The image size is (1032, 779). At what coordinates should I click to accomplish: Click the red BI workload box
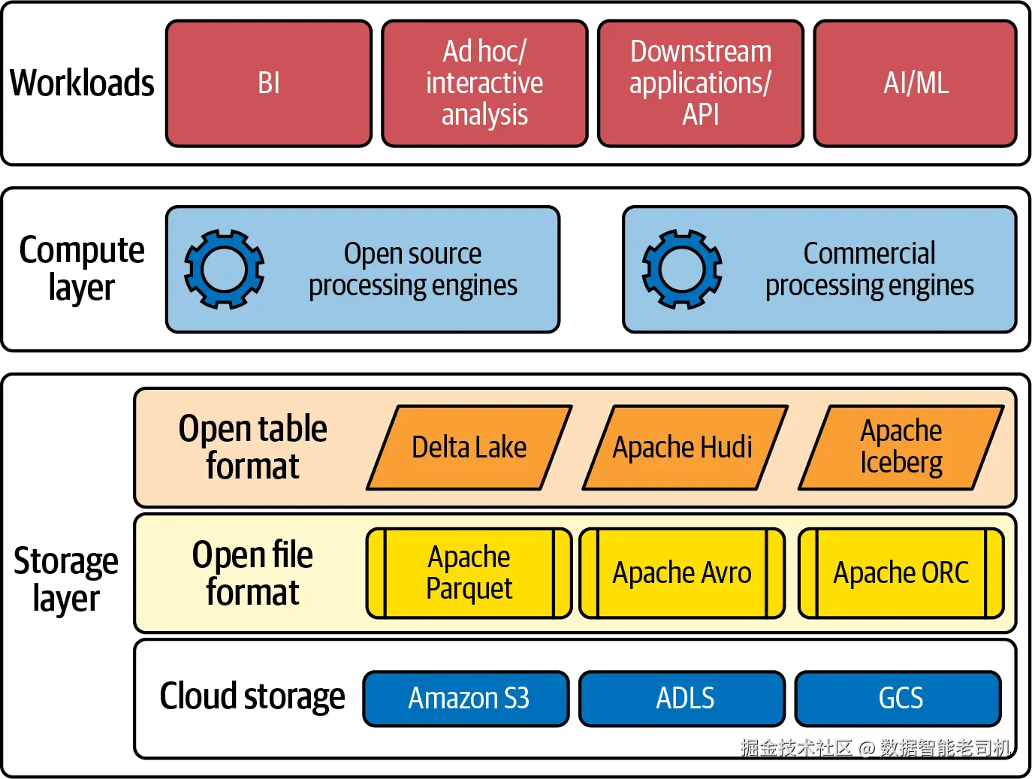point(269,83)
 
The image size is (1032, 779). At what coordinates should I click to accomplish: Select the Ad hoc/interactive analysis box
point(484,83)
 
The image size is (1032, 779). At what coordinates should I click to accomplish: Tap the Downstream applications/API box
point(700,83)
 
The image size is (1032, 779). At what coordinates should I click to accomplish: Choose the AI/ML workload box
point(915,83)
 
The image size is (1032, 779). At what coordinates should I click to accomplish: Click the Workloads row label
point(82,83)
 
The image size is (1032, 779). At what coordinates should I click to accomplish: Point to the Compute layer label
point(81,269)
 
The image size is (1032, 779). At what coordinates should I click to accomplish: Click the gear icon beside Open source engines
point(224,269)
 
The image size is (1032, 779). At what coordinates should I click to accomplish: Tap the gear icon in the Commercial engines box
point(681,269)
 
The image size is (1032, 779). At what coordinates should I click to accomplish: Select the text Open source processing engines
point(412,270)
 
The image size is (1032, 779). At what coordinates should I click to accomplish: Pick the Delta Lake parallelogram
point(469,448)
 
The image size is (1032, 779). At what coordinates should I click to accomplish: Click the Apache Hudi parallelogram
point(683,448)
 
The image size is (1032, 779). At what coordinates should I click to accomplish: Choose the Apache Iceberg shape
point(901,448)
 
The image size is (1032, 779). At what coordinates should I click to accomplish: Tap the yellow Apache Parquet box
point(469,573)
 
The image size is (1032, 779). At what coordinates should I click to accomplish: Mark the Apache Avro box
point(682,573)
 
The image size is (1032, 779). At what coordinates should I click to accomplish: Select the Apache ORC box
point(901,573)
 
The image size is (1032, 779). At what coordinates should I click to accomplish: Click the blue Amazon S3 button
point(466,699)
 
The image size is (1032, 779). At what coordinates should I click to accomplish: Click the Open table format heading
point(252,448)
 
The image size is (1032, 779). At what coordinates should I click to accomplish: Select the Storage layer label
point(66,579)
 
